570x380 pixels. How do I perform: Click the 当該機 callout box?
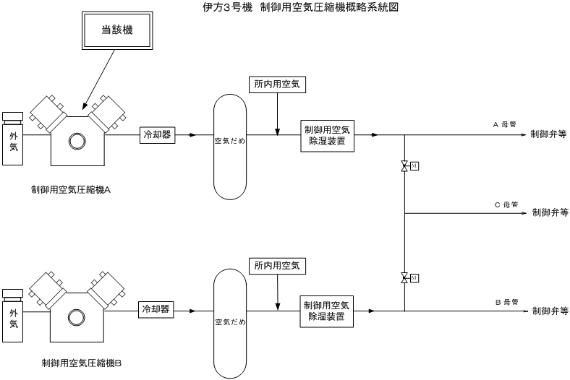coord(117,31)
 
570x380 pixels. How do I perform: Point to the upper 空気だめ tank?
coord(230,141)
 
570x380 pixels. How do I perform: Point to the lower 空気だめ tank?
coord(230,318)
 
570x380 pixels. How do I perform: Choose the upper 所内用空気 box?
coord(277,85)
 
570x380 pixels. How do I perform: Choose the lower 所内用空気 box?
coord(277,266)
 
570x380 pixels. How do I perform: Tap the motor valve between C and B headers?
coord(404,278)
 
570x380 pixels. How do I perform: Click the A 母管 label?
coord(505,124)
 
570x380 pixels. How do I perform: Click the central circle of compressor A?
coord(77,141)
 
